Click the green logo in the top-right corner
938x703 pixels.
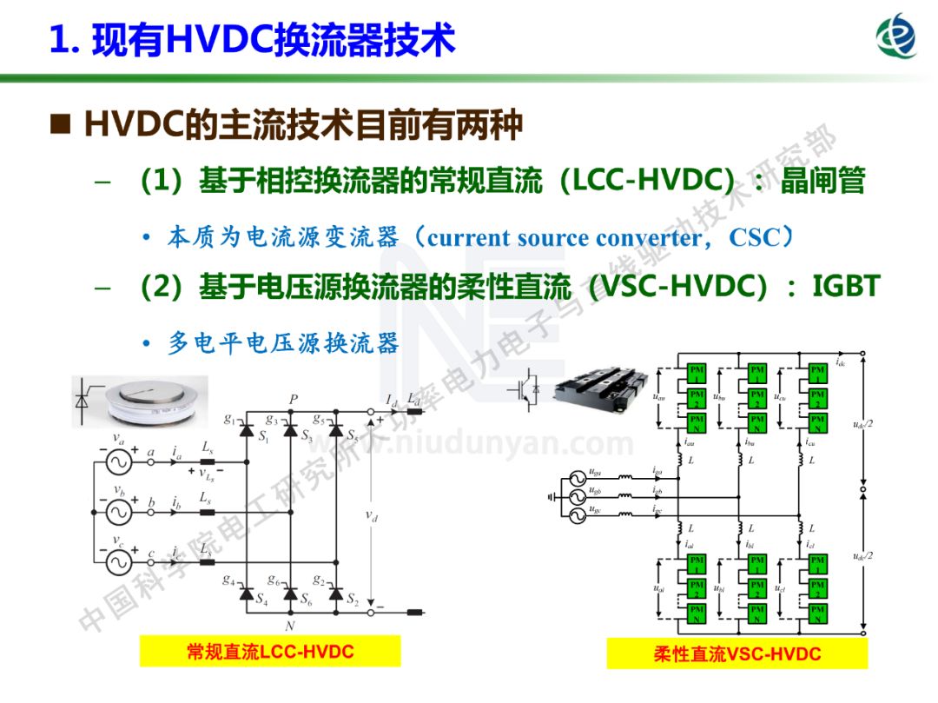click(x=896, y=37)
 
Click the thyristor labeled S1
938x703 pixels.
click(x=246, y=429)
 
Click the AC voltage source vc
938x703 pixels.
click(x=118, y=563)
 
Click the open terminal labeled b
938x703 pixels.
click(x=151, y=513)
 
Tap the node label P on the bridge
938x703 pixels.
click(x=294, y=400)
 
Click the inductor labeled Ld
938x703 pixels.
click(x=414, y=410)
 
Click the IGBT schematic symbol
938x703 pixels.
click(x=529, y=386)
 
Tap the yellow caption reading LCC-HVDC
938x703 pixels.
click(x=270, y=651)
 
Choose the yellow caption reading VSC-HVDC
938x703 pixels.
click(x=737, y=653)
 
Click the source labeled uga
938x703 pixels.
click(x=575, y=477)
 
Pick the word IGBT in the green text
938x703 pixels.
click(x=846, y=286)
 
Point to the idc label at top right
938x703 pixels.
click(x=841, y=361)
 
